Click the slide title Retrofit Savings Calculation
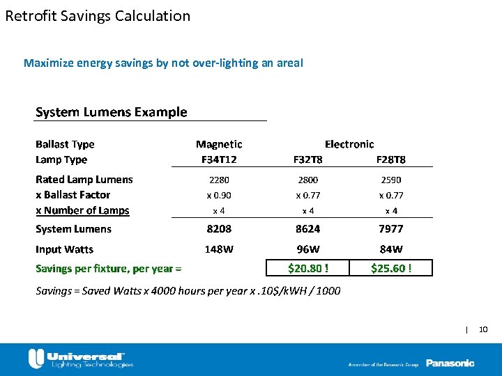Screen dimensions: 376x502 point(98,16)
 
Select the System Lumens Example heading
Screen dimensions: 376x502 point(112,112)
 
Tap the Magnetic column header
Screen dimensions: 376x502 point(219,144)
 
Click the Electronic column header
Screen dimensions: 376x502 point(349,144)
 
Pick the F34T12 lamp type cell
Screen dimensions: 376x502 point(219,159)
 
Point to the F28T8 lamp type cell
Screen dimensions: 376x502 point(391,159)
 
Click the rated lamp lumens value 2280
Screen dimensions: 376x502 point(219,180)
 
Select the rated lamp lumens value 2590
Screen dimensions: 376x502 point(391,180)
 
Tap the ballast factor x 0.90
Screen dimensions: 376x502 point(219,196)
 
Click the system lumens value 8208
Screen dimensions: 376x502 point(219,228)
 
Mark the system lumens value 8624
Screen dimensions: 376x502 point(308,228)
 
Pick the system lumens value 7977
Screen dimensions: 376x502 point(391,228)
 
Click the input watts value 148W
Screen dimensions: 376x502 point(219,249)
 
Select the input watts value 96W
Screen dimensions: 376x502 point(308,249)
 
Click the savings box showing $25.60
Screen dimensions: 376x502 point(391,268)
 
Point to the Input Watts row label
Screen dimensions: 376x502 point(64,249)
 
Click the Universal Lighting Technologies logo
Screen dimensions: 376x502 point(81,359)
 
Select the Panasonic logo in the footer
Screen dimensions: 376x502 point(450,363)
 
